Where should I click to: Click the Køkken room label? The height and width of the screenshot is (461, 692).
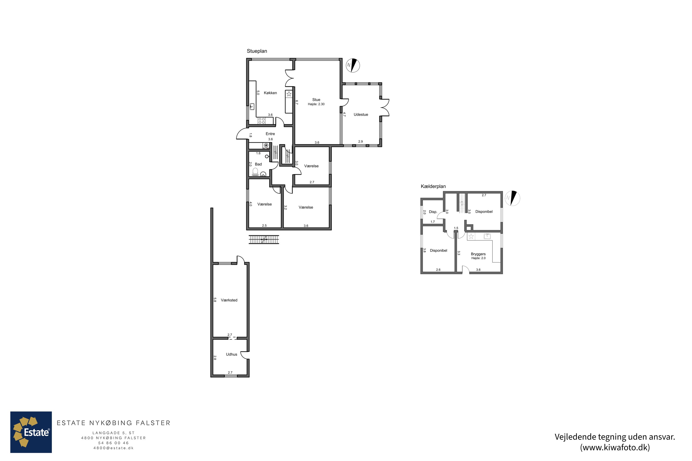[x=270, y=93]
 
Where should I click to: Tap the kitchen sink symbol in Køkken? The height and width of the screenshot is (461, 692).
[x=252, y=106]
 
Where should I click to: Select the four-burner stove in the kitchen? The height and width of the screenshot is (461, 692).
[x=262, y=121]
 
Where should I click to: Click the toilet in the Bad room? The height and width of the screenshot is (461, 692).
[x=255, y=172]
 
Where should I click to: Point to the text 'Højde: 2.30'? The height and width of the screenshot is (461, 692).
[x=316, y=104]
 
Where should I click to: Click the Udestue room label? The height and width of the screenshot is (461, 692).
[x=361, y=115]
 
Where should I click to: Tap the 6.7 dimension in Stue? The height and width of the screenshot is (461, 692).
[x=297, y=102]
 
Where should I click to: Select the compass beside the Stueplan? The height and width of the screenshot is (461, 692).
[x=353, y=65]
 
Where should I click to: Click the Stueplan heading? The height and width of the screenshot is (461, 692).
[x=257, y=51]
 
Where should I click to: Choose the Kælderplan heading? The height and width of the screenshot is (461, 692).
[x=433, y=186]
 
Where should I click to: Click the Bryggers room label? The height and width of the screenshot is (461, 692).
[x=478, y=254]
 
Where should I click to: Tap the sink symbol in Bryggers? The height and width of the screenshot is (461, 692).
[x=487, y=236]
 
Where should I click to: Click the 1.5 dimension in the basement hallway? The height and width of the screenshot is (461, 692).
[x=456, y=228]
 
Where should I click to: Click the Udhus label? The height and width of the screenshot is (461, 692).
[x=231, y=354]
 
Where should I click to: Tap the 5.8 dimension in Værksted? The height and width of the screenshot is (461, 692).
[x=215, y=300]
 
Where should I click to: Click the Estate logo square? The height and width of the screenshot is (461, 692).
[x=31, y=432]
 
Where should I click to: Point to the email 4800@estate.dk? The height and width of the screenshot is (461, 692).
[x=113, y=448]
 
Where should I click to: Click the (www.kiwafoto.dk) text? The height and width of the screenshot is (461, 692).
[x=615, y=447]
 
